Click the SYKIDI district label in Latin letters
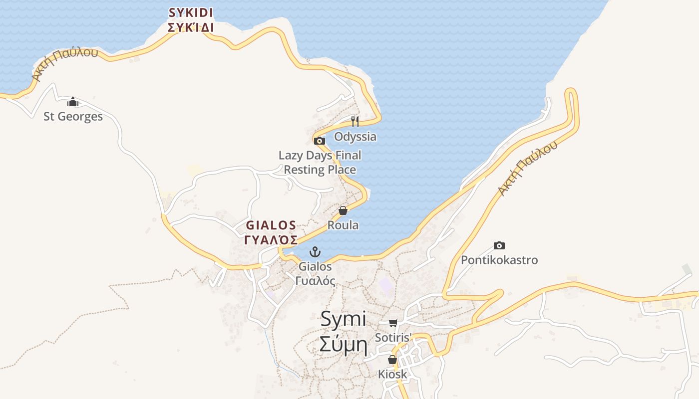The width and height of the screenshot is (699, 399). pos(191,12)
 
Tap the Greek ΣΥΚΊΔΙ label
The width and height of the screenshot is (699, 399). pos(191,27)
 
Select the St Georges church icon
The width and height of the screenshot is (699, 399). pos(73,102)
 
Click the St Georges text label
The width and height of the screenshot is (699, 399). pos(73,117)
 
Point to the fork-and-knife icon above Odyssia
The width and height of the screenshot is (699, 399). pos(355,121)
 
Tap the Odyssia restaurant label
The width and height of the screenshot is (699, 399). pos(355,137)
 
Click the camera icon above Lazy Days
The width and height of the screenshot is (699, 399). pos(320,141)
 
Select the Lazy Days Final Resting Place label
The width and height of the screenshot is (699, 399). pos(320,163)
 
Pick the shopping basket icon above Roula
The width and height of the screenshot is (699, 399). pos(343,210)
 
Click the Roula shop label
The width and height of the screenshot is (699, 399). pos(343,225)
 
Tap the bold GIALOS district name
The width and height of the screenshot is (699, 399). pos(271,225)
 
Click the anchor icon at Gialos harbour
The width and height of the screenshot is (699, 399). pos(315,251)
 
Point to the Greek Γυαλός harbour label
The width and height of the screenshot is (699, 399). pos(315,281)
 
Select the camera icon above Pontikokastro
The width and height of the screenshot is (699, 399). pos(499,245)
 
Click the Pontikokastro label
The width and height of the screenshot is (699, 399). pos(499,260)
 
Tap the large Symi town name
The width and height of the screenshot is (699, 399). pos(343,319)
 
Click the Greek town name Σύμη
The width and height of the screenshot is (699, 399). pos(343,345)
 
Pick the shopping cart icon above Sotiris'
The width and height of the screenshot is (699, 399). pos(393,323)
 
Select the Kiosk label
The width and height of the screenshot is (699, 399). pos(392,374)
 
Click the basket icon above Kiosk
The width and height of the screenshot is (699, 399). pos(392,360)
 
